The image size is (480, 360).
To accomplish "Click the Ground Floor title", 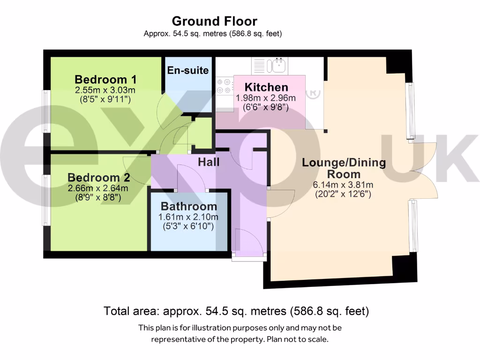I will [x=214, y=21].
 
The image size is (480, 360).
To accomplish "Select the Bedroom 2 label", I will [x=98, y=178].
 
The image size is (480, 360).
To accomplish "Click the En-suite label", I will [x=187, y=71].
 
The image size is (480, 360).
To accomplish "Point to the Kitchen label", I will [x=266, y=87].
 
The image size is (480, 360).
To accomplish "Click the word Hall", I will [x=209, y=162].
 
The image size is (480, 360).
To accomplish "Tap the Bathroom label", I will [x=189, y=206].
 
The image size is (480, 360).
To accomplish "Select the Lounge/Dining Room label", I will [x=344, y=168].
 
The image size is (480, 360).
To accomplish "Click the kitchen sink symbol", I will [x=277, y=65].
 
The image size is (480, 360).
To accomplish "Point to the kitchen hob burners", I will [x=224, y=86].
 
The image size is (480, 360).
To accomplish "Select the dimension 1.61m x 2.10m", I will [x=189, y=217].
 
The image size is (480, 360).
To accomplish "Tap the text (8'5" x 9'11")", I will [x=105, y=99].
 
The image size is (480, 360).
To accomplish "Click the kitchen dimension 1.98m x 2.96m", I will [x=266, y=98].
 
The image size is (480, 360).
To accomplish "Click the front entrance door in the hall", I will [x=248, y=244].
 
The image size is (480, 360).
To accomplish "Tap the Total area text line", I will [x=236, y=311].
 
